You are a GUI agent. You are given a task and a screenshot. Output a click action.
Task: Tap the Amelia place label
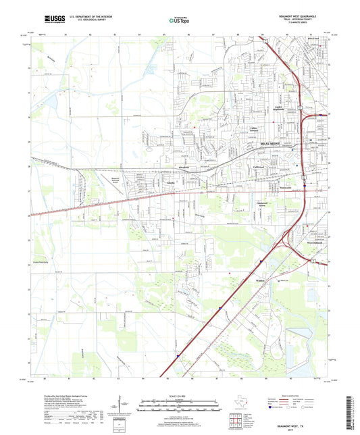(x=171, y=182)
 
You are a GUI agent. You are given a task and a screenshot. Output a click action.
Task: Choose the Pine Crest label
(x=313, y=41)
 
